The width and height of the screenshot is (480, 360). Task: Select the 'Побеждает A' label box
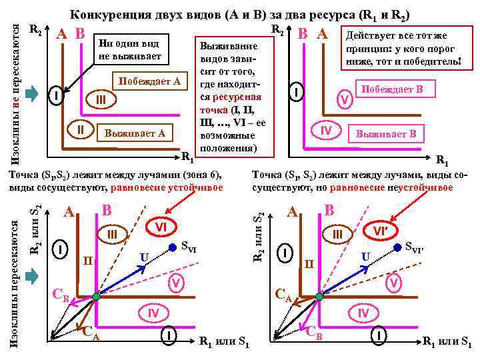tap(149, 82)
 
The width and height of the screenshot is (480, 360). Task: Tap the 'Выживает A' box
tap(138, 133)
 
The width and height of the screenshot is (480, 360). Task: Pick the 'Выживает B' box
tap(385, 134)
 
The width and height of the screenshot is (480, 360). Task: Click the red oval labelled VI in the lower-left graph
tap(160, 227)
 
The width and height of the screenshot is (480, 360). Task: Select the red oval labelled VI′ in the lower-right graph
tap(383, 231)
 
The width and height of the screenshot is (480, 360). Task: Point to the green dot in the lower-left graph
tap(97, 296)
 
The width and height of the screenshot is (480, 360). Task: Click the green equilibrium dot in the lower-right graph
tap(321, 296)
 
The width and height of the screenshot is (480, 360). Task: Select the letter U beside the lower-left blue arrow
tap(143, 257)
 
